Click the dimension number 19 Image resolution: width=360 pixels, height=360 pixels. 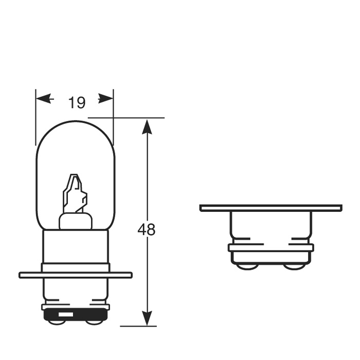[x=77, y=103]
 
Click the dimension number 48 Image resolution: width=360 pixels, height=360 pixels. [x=147, y=230]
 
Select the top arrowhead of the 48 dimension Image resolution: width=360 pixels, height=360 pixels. [x=148, y=126]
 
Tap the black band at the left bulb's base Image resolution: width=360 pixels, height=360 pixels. [x=76, y=314]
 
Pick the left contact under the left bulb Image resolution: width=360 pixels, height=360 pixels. [x=58, y=322]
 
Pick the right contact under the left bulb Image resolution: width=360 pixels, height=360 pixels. [x=94, y=322]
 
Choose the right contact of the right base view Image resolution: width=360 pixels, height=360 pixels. [x=294, y=266]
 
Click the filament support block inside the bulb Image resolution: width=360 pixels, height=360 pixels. [x=76, y=221]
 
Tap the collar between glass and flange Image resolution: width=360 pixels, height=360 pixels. [x=76, y=249]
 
